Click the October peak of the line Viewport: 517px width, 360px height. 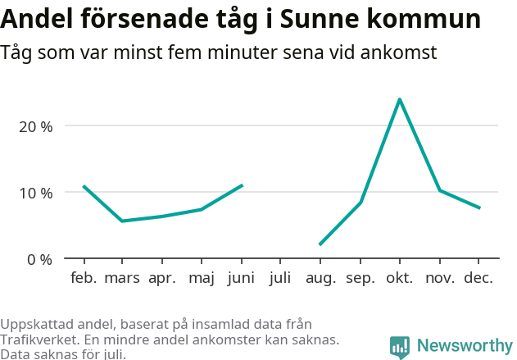coord(399,99)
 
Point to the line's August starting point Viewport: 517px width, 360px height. coord(320,244)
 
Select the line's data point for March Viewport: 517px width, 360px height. coord(122,221)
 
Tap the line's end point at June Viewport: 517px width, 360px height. coord(242,185)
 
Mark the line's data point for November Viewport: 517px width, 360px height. coord(440,190)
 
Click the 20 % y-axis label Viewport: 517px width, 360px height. coord(36,126)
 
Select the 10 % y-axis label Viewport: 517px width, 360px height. coord(36,193)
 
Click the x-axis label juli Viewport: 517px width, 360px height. coord(280,278)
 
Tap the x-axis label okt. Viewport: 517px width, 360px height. coord(400,278)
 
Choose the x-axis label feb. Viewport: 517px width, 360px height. coord(84,278)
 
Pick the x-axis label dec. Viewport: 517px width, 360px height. coord(478,278)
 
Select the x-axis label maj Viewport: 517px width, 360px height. coord(201,278)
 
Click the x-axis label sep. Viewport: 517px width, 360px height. coord(361,278)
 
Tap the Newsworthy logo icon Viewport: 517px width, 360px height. coord(400,347)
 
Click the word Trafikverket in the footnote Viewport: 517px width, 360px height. coord(40,339)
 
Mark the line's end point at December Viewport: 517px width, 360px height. coord(479,208)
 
